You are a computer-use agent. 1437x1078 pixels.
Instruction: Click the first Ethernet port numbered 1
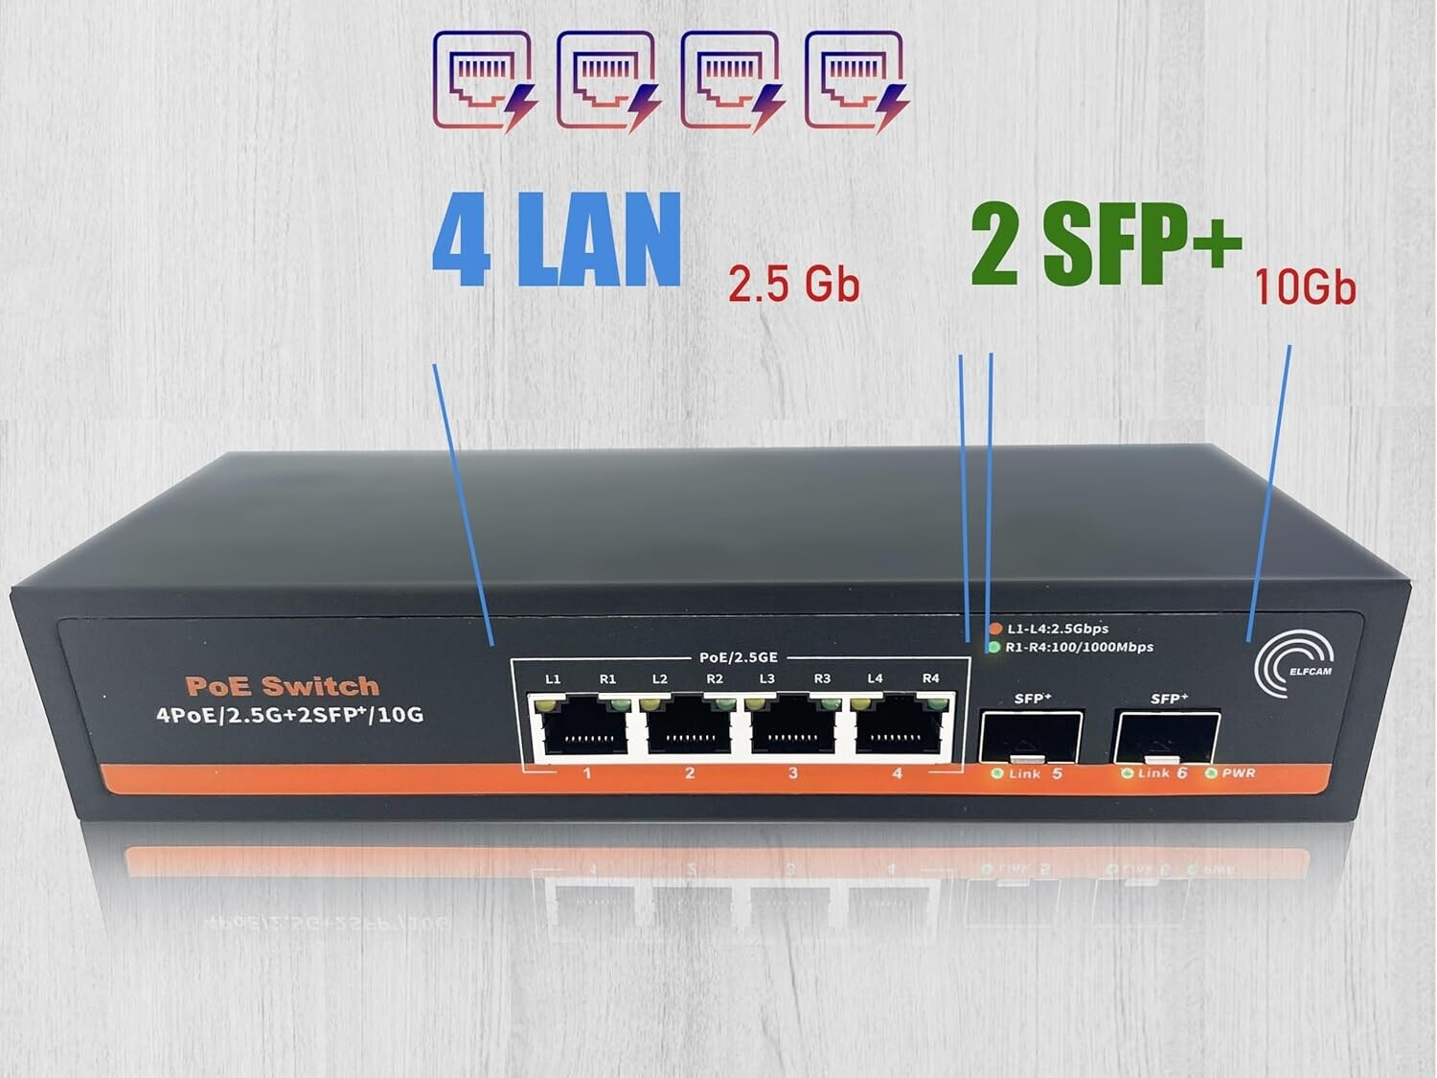[x=578, y=728]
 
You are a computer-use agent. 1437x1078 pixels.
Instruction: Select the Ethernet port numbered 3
[x=793, y=728]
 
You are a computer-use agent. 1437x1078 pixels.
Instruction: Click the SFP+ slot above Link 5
[x=1030, y=737]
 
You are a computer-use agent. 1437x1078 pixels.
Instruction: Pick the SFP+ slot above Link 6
[x=1167, y=737]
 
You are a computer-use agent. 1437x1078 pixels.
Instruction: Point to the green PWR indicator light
[x=1212, y=773]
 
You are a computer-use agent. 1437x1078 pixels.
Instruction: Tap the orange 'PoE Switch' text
[x=283, y=686]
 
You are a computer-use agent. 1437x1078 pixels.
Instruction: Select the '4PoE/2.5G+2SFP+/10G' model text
[x=289, y=714]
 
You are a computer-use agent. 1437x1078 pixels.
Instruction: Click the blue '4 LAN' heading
[x=557, y=240]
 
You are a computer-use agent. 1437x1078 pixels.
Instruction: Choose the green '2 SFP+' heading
[x=1106, y=244]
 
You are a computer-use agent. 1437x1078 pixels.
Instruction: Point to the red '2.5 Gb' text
[x=793, y=285]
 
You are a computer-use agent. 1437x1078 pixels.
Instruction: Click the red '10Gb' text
[x=1305, y=287]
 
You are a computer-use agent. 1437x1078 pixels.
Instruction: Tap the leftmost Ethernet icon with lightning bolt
[x=485, y=81]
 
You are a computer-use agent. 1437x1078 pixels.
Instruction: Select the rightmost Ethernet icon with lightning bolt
[x=857, y=81]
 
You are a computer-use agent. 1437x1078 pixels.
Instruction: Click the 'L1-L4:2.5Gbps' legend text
[x=1058, y=629]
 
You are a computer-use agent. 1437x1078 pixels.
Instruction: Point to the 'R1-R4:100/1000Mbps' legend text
[x=1080, y=648]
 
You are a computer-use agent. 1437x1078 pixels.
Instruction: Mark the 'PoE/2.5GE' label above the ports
[x=739, y=657]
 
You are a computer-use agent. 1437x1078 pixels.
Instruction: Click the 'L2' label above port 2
[x=660, y=678]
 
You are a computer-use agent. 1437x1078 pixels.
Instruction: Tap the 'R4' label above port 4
[x=930, y=678]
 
